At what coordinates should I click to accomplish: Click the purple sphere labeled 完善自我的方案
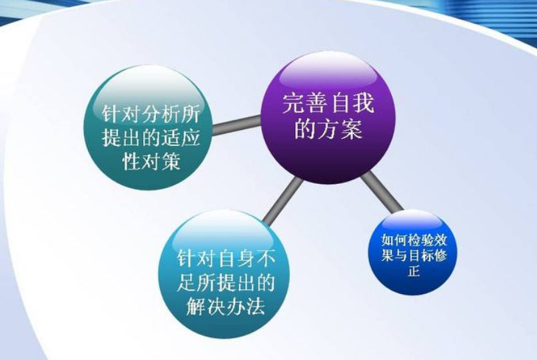[328, 117]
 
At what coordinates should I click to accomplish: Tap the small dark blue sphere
[413, 253]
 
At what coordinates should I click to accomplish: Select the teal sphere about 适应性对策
[149, 127]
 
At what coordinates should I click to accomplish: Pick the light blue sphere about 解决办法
[224, 274]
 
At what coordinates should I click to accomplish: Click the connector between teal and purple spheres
[237, 125]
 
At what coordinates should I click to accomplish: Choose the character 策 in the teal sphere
[171, 161]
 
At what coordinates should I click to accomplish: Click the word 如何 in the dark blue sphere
[393, 241]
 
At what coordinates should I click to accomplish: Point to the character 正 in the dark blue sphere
[413, 271]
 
